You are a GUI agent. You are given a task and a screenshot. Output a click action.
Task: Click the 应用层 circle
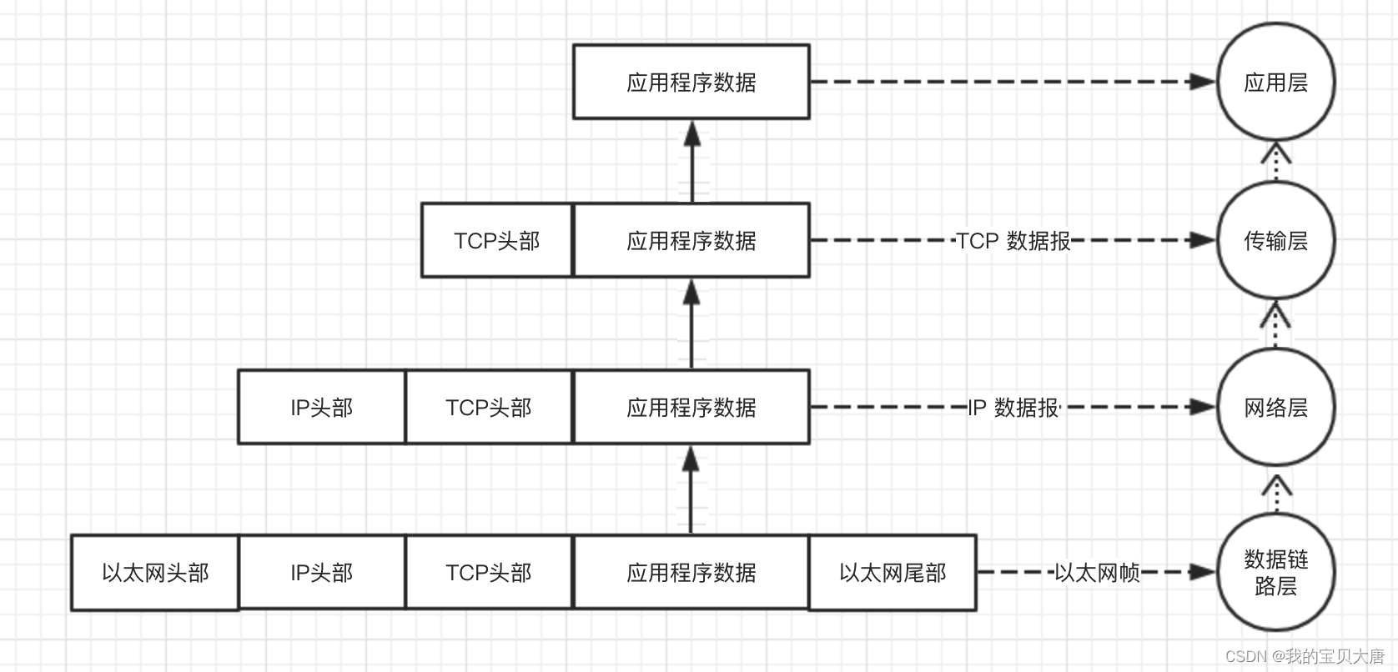click(x=1275, y=82)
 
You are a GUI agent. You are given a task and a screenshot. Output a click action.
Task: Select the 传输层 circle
click(x=1275, y=240)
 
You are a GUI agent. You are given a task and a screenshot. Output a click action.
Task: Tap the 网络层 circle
click(x=1275, y=407)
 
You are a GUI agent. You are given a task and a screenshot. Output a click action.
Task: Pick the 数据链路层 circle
click(x=1275, y=572)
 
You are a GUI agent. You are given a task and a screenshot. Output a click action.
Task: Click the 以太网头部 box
click(x=155, y=573)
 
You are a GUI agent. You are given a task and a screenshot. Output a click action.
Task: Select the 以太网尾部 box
click(x=892, y=573)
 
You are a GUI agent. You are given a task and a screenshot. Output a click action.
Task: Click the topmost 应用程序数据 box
click(x=691, y=82)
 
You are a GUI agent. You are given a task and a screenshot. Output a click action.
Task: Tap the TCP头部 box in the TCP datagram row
click(x=497, y=240)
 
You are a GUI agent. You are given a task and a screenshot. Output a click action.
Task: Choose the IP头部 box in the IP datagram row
click(x=321, y=407)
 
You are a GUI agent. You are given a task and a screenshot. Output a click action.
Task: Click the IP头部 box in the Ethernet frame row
click(x=321, y=573)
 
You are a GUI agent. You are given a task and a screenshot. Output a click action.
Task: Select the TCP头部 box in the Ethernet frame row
click(x=489, y=573)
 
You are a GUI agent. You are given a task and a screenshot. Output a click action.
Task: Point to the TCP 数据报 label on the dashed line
click(x=1013, y=241)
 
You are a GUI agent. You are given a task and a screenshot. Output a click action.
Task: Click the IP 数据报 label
click(x=1013, y=408)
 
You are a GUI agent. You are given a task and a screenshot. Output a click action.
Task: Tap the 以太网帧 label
click(x=1096, y=573)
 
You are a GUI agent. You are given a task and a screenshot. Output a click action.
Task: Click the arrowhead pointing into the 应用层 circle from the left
click(x=1203, y=82)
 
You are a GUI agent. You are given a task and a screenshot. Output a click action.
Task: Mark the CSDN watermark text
click(x=1304, y=656)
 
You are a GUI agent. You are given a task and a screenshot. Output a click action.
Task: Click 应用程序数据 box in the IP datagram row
click(x=691, y=407)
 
